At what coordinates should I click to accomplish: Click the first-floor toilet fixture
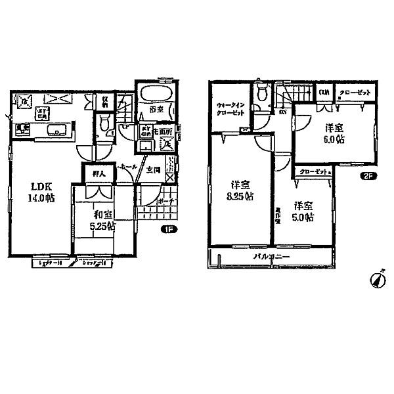point(102,122)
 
